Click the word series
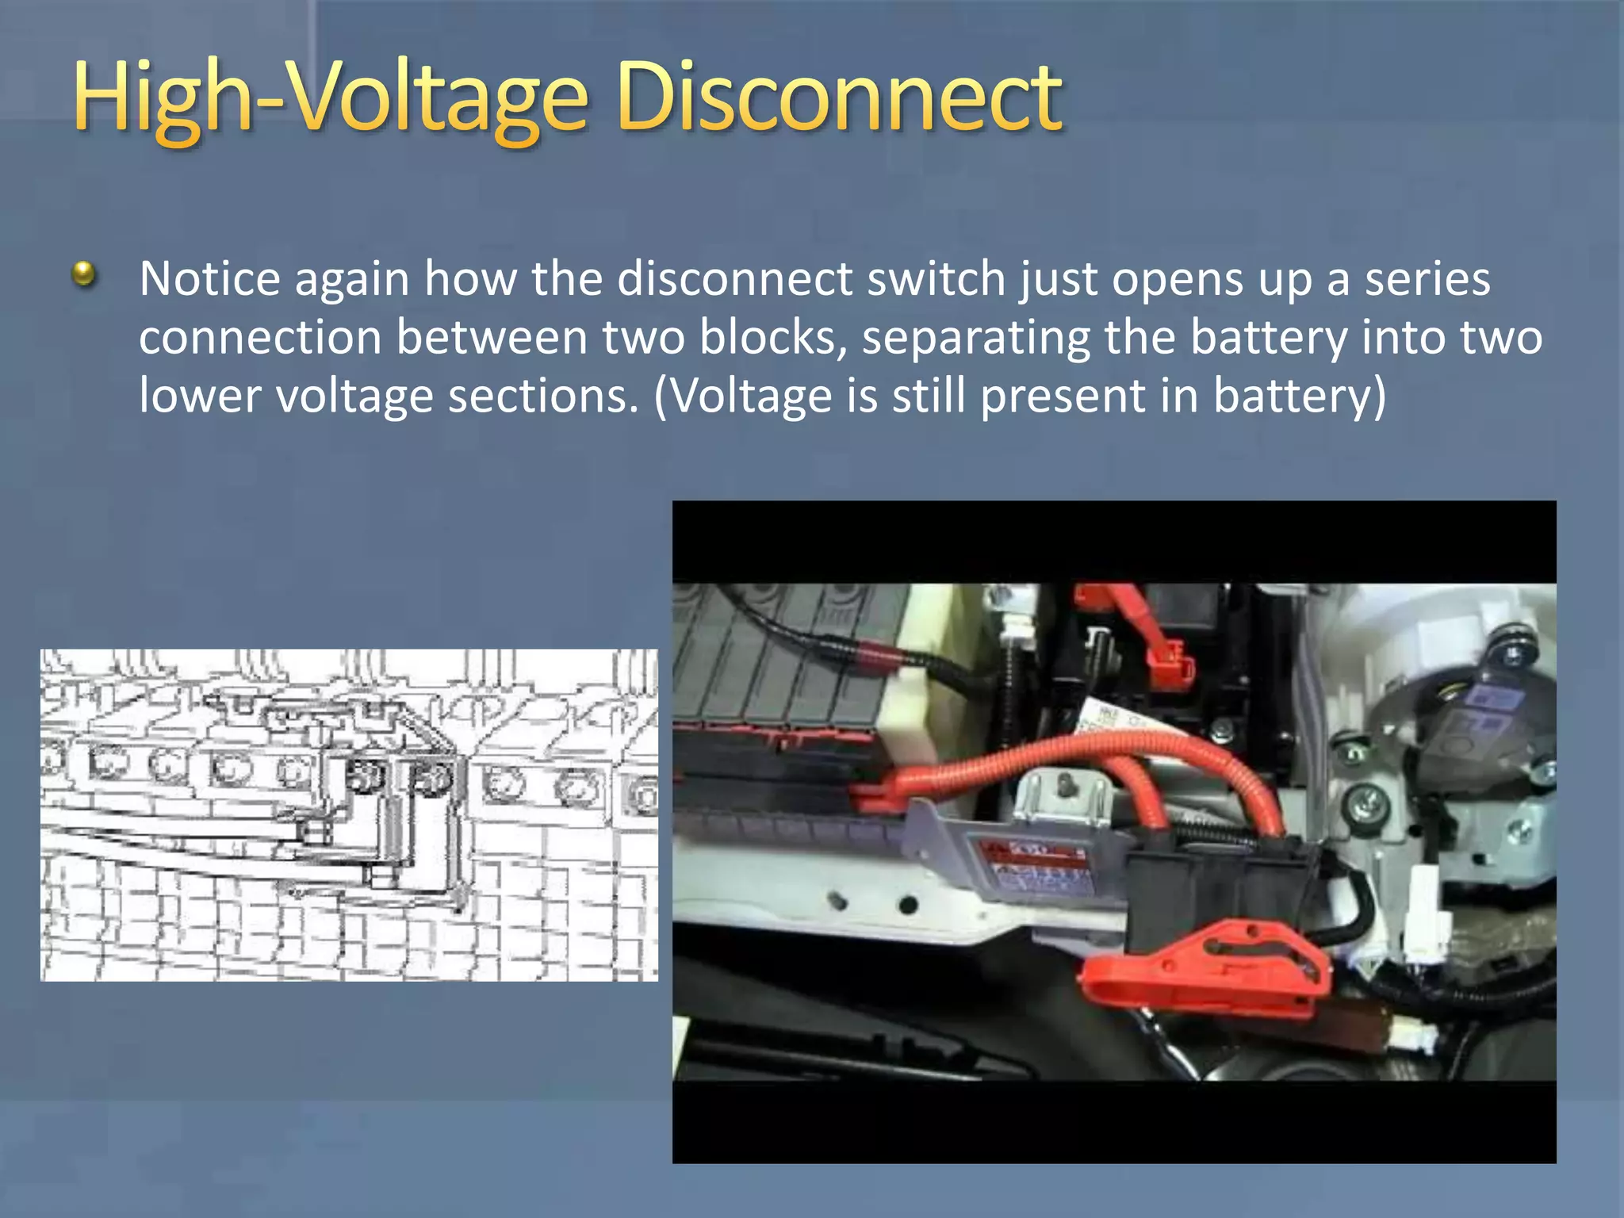coord(1427,279)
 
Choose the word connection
coord(260,338)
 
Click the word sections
coord(543,396)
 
